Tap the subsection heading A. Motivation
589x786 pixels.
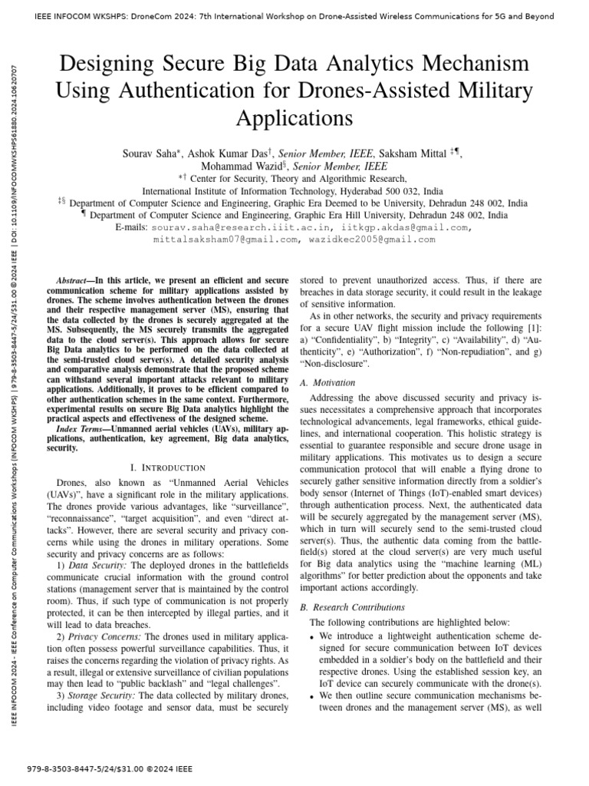[x=327, y=382]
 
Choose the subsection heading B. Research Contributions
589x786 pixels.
[x=351, y=607]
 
